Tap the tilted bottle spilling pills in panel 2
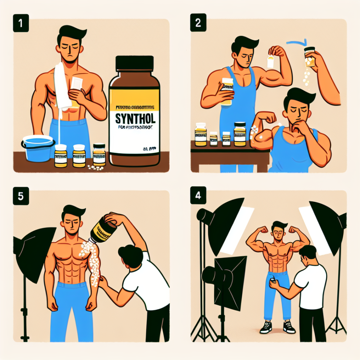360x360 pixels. pos(310,56)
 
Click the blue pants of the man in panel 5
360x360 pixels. pos(71,311)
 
